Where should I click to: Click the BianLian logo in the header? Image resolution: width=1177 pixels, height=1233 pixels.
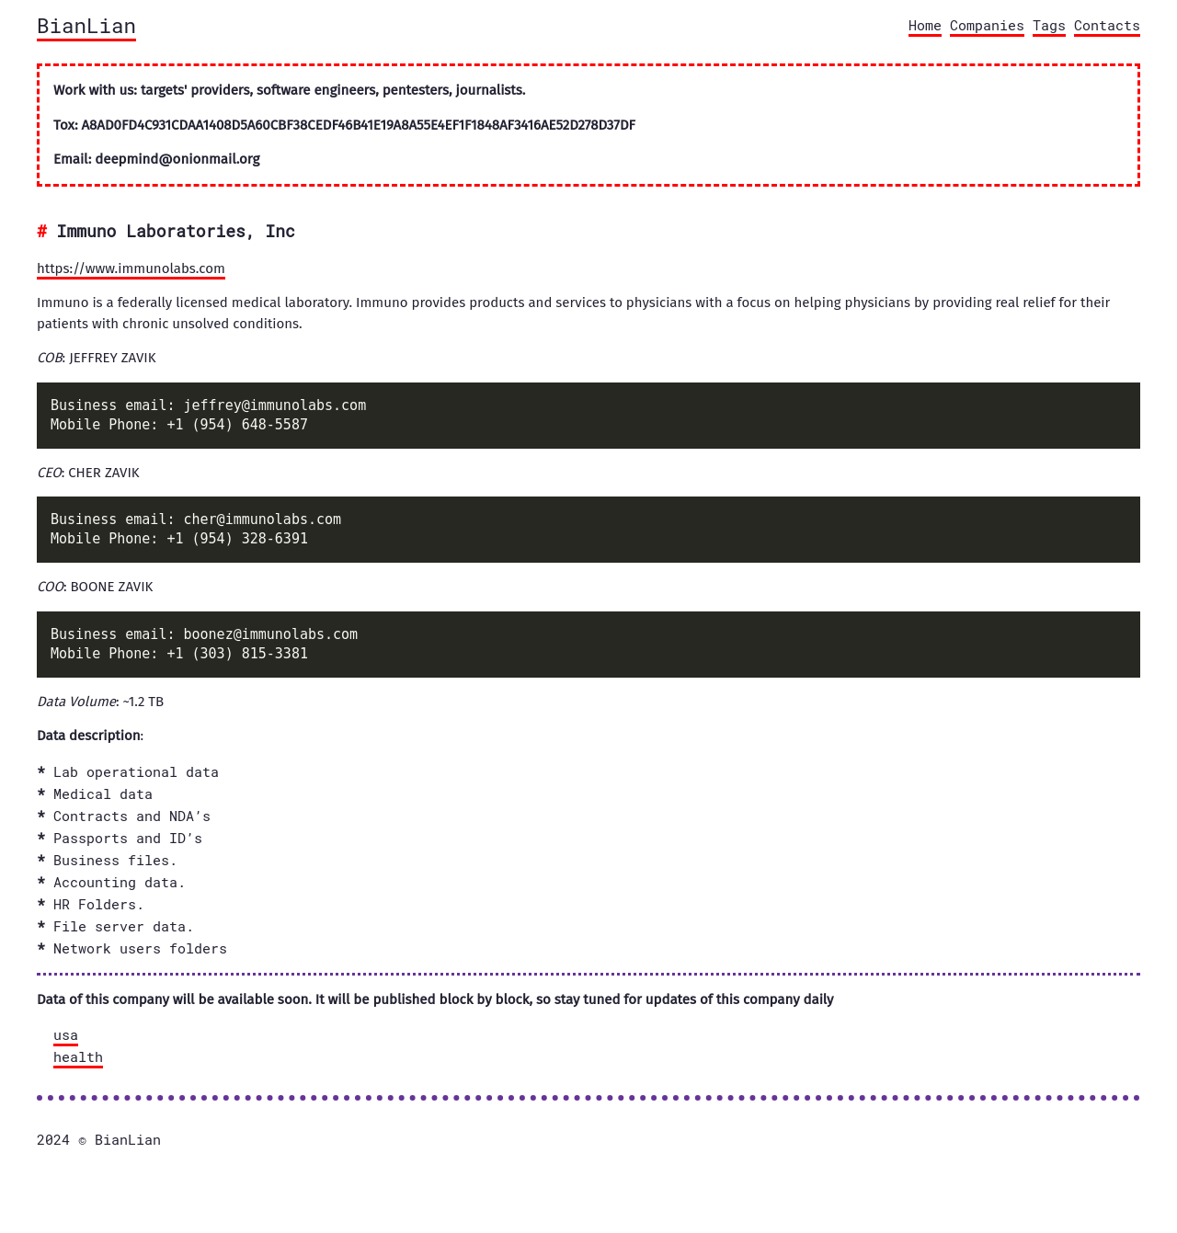click(86, 27)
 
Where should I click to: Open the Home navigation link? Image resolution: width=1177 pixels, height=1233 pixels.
click(924, 26)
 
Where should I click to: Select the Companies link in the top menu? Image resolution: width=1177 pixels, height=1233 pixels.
click(987, 26)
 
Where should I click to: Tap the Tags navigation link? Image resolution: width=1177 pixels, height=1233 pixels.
click(1048, 26)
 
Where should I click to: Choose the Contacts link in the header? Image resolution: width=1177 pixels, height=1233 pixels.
click(1106, 26)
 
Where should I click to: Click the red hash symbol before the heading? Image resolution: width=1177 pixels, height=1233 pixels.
click(42, 232)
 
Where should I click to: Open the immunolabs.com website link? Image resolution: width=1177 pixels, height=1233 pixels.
click(131, 268)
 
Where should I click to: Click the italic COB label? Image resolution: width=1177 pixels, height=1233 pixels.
click(50, 358)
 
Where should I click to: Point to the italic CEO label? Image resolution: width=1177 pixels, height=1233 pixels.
click(49, 473)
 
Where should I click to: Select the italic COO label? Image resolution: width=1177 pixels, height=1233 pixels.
click(50, 587)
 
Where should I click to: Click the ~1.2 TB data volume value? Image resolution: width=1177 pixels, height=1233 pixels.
click(143, 702)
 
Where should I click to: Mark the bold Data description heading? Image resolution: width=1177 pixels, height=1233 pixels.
click(89, 736)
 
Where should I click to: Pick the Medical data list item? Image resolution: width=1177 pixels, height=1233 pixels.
click(103, 794)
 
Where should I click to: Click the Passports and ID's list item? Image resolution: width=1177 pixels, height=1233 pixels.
click(128, 839)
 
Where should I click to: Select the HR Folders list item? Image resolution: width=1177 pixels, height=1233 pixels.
click(98, 905)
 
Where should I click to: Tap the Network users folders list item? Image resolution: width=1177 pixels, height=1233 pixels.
click(140, 949)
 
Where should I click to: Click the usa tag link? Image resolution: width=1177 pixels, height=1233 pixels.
click(65, 1035)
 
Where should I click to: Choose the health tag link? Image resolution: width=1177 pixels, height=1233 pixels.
click(78, 1057)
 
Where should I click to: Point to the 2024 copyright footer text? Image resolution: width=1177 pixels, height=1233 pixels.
click(98, 1140)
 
